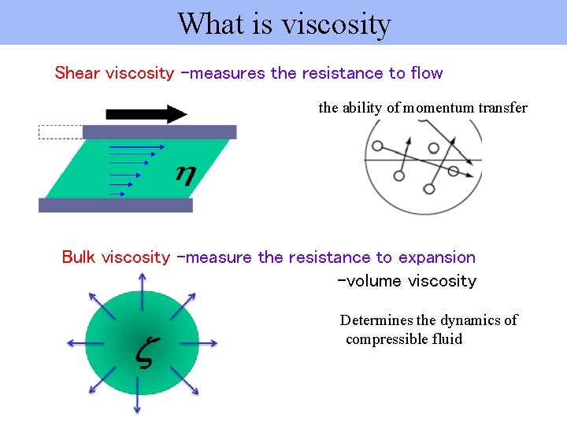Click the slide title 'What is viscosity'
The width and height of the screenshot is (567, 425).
283,24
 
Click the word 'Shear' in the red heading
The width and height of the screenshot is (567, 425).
77,73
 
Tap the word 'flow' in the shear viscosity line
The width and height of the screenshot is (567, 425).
426,73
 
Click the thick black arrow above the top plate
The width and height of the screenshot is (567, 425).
146,114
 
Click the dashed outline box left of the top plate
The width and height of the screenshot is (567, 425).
60,132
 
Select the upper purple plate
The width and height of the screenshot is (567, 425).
159,131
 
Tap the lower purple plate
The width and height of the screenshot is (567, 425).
115,205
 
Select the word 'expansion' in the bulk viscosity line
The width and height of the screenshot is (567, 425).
436,257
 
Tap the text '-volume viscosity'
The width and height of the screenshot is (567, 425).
406,281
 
